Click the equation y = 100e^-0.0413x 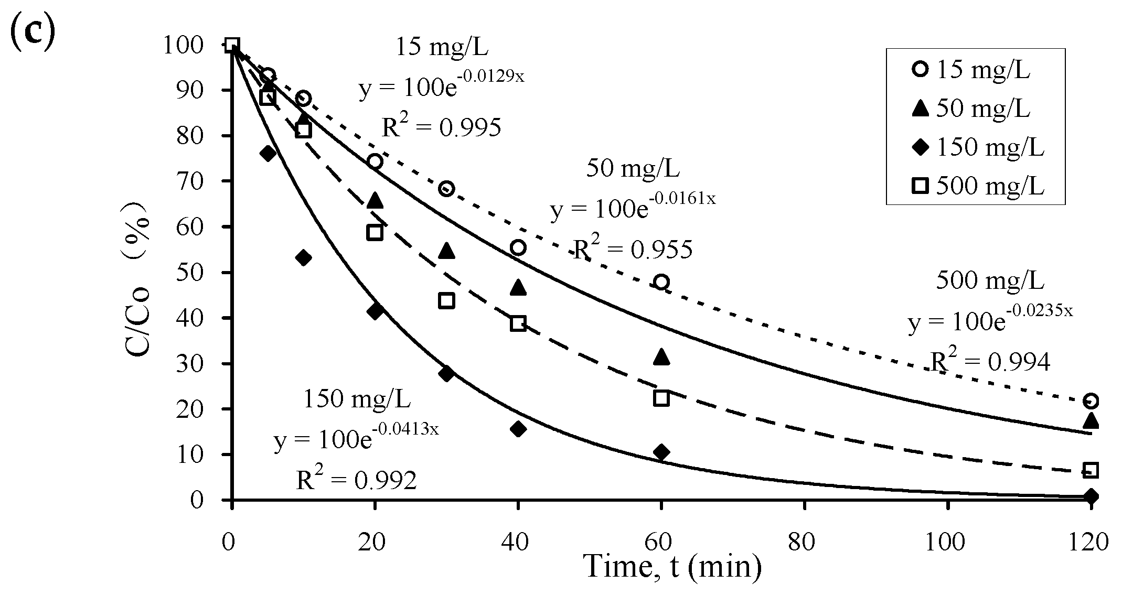[356, 439]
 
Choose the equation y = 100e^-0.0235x [990, 321]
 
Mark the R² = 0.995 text [441, 127]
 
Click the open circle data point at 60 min [661, 282]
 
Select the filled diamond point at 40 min [518, 429]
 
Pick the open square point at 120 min [1091, 470]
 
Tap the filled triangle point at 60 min [661, 357]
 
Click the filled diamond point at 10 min [303, 257]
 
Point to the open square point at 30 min [446, 301]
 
